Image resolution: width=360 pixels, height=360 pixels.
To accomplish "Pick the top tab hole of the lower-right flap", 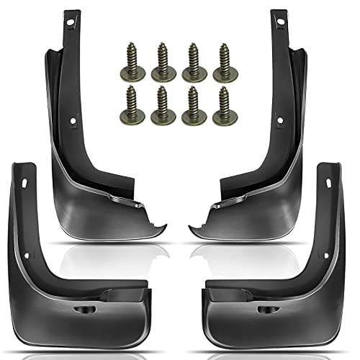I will coord(330,189).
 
